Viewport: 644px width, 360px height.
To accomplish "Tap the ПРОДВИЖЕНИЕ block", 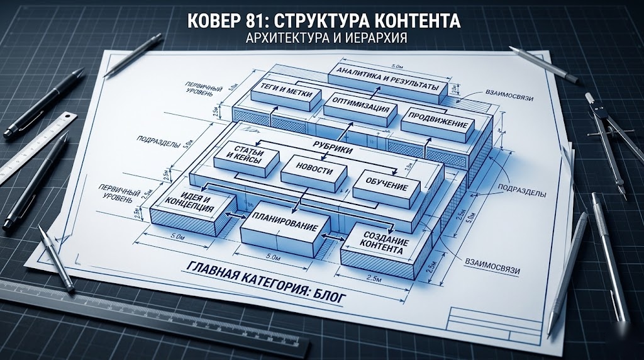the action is (438, 123).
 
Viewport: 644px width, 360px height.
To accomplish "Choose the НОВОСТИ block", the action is (314, 172).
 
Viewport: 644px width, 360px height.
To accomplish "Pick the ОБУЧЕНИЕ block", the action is (387, 188).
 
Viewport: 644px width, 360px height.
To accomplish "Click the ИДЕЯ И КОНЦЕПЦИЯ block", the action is (193, 209).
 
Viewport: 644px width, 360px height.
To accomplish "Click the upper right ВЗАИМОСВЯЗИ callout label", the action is (509, 95).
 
